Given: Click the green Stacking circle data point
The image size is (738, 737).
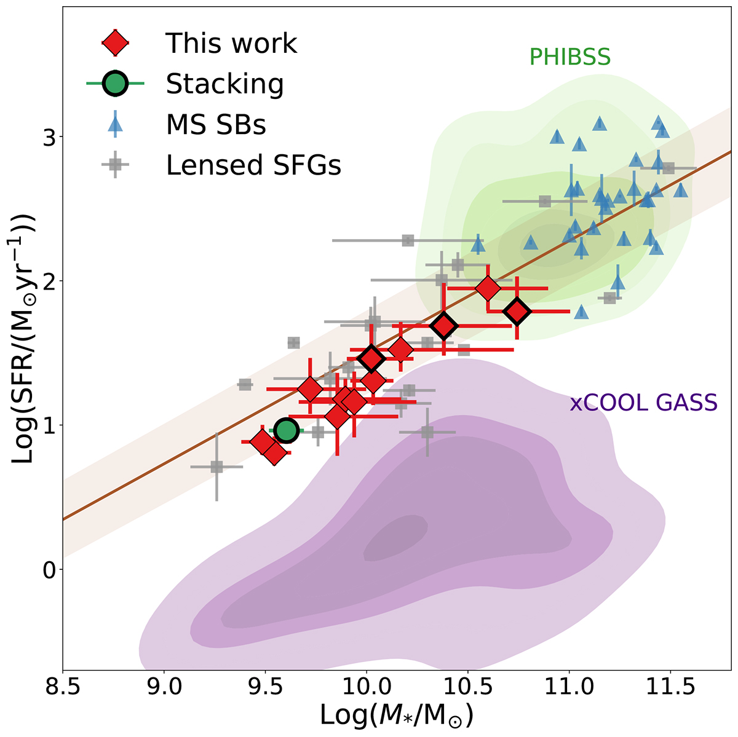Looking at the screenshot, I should pyautogui.click(x=287, y=431).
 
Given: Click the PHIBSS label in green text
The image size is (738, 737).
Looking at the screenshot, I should pyautogui.click(x=569, y=57).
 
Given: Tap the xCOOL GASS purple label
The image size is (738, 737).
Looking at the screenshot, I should pyautogui.click(x=643, y=403).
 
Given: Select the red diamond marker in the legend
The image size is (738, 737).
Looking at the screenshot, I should pyautogui.click(x=115, y=43).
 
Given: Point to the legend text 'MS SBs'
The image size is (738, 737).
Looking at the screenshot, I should pyautogui.click(x=216, y=125).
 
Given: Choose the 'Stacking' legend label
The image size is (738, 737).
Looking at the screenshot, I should pyautogui.click(x=224, y=84).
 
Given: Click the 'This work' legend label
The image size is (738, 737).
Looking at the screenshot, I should pyautogui.click(x=231, y=43).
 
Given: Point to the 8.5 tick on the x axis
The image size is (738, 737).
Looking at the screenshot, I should pyautogui.click(x=63, y=688).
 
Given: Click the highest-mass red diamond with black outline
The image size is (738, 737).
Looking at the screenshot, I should pyautogui.click(x=517, y=312).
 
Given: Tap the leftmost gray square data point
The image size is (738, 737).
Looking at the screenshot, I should pyautogui.click(x=216, y=467).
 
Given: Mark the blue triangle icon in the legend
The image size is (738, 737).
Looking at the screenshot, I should pyautogui.click(x=115, y=125).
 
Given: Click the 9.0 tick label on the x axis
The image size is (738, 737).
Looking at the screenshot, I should pyautogui.click(x=164, y=688).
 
